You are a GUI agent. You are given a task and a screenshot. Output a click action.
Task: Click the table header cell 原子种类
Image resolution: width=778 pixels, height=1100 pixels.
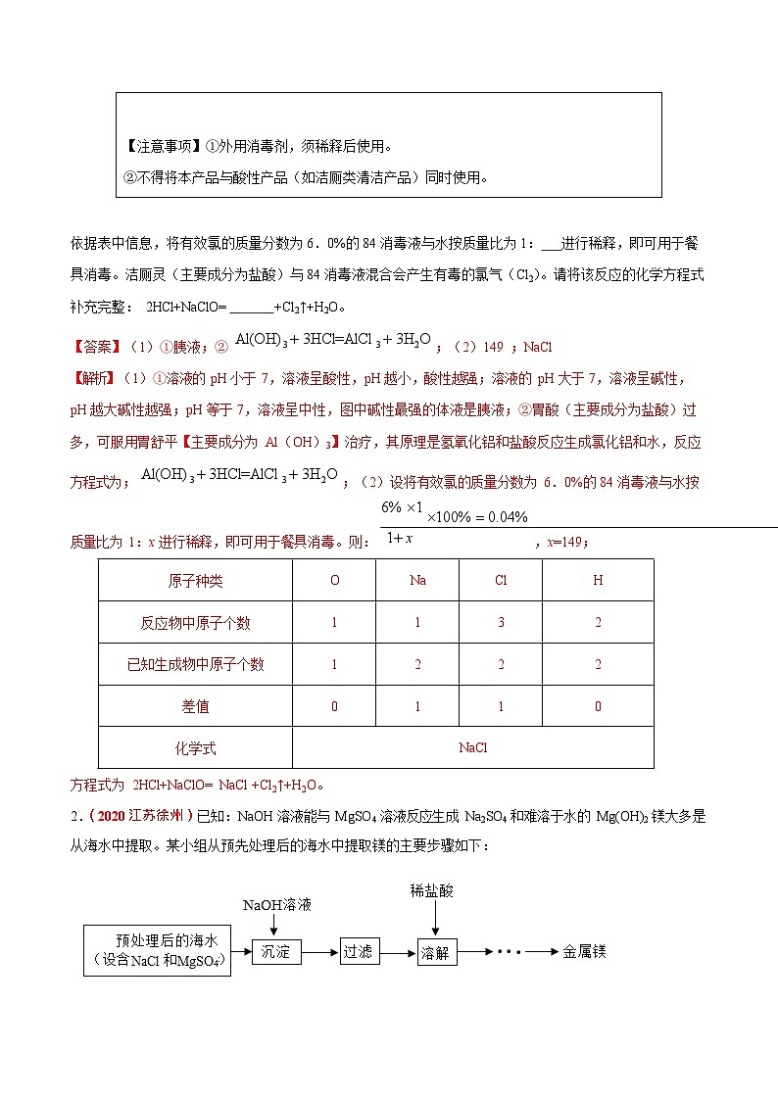tap(195, 580)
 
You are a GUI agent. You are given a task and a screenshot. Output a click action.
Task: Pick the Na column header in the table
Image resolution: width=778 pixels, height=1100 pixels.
tap(417, 580)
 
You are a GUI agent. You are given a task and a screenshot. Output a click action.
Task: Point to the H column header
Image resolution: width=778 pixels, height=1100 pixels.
tap(598, 580)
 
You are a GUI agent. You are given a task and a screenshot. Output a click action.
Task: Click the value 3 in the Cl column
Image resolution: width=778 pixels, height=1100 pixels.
tap(501, 622)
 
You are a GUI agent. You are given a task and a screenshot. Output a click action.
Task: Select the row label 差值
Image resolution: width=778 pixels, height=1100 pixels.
tap(195, 706)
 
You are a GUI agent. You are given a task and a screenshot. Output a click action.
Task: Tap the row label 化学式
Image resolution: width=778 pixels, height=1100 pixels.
tap(195, 748)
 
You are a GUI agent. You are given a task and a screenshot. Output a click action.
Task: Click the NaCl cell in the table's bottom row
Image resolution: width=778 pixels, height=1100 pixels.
tap(472, 748)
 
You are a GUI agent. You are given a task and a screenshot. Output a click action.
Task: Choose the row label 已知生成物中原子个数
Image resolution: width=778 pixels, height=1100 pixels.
tap(195, 664)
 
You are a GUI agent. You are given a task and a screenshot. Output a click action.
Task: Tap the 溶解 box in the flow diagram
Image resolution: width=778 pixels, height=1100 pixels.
tap(434, 951)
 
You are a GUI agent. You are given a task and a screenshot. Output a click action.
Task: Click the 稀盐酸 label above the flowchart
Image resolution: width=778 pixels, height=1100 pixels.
tap(432, 890)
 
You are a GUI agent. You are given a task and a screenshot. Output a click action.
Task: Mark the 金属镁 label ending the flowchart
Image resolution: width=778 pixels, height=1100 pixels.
tap(584, 951)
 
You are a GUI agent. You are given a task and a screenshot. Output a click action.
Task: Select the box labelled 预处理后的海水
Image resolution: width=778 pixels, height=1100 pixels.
tap(158, 950)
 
